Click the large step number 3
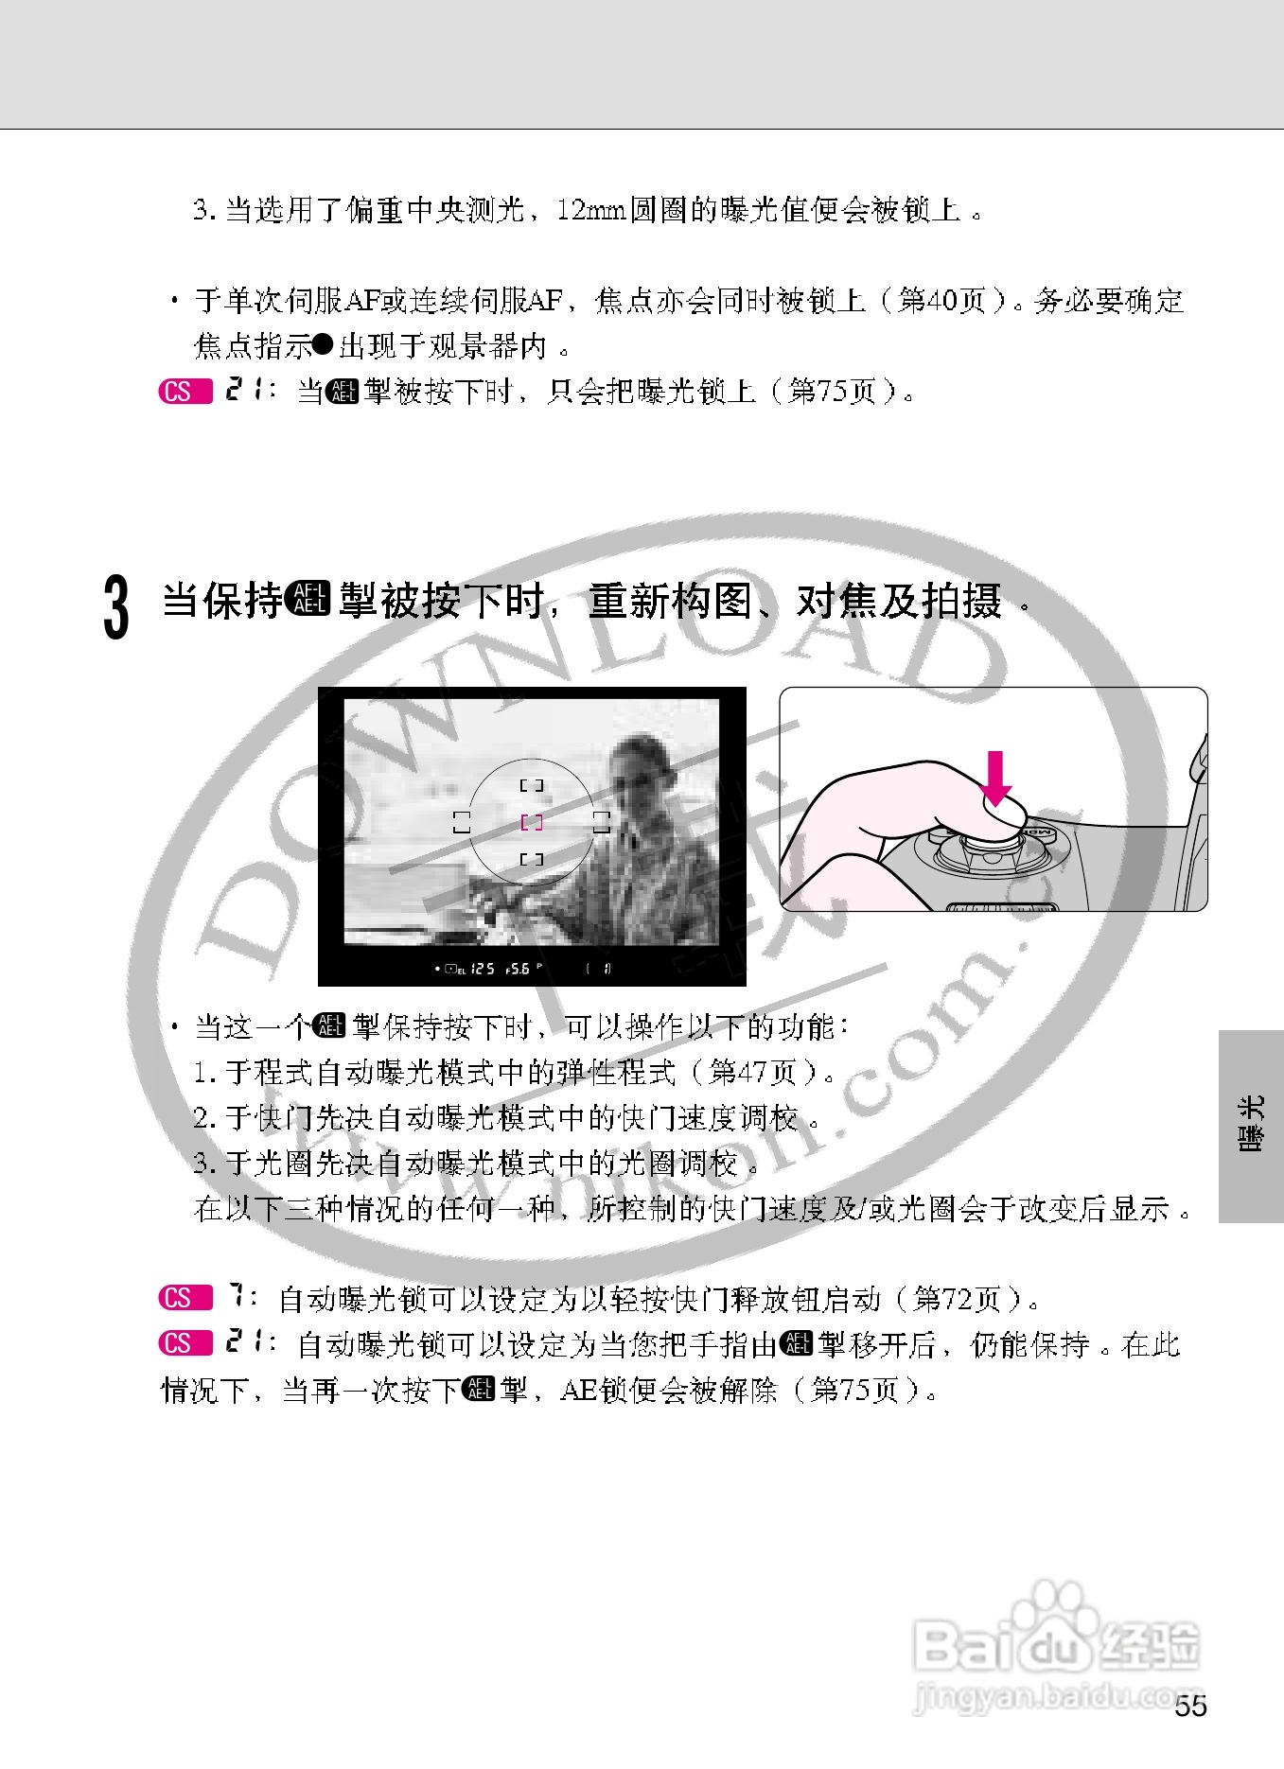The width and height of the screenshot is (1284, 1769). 115,607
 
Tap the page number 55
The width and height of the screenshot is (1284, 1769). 1190,1706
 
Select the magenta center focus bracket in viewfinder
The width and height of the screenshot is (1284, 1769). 532,822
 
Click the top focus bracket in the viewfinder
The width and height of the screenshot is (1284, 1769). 532,785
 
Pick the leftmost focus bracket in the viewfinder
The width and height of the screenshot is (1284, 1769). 461,822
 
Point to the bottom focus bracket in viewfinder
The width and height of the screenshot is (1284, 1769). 532,859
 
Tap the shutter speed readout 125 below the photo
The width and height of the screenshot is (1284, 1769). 483,969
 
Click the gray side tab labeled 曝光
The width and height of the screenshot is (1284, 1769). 1251,1126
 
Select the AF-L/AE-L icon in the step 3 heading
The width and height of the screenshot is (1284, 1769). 309,600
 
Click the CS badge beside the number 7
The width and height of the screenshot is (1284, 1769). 185,1298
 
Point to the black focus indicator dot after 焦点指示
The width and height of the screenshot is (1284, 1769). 323,345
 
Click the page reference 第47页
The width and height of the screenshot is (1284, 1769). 753,1072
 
